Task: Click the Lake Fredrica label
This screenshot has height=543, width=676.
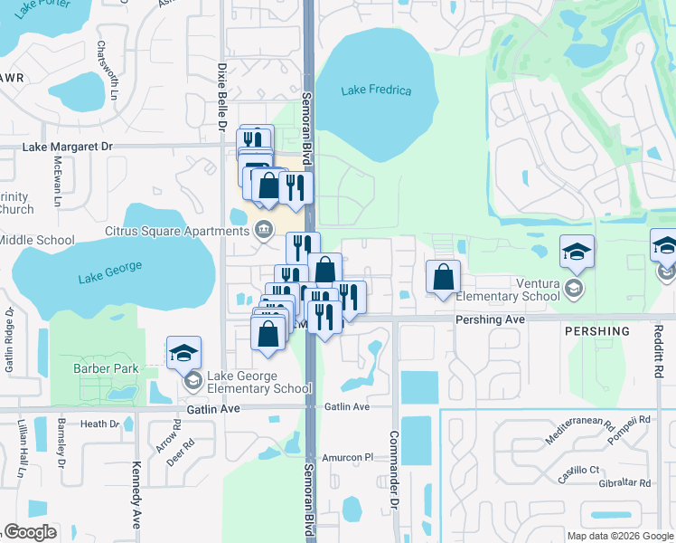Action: click(x=376, y=90)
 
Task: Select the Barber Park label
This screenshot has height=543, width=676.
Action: click(x=106, y=368)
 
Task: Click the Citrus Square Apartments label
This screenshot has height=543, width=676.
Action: click(x=176, y=231)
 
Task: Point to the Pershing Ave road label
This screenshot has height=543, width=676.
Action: click(x=490, y=319)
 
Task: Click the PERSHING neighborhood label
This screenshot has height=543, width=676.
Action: click(x=596, y=331)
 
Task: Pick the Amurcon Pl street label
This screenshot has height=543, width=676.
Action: click(x=350, y=458)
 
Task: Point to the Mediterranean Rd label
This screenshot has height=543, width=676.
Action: click(x=579, y=430)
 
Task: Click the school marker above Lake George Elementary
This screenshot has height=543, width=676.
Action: click(x=183, y=352)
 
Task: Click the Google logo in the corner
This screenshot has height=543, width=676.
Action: click(x=30, y=532)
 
